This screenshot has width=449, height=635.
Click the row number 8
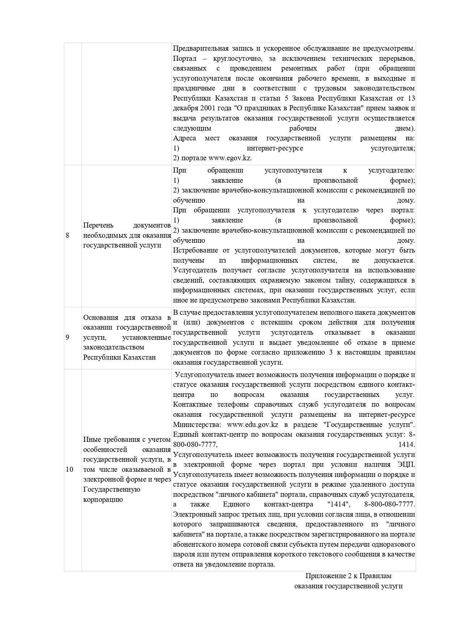(x=67, y=236)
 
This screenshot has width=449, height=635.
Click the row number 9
(x=67, y=338)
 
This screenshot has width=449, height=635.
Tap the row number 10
(x=69, y=470)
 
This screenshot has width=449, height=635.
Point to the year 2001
(x=205, y=108)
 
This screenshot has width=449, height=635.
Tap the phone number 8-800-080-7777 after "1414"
(x=390, y=504)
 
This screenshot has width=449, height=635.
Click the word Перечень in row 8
(x=98, y=225)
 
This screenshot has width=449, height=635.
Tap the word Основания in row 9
(x=101, y=318)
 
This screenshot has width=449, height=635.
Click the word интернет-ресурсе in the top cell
(x=275, y=148)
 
